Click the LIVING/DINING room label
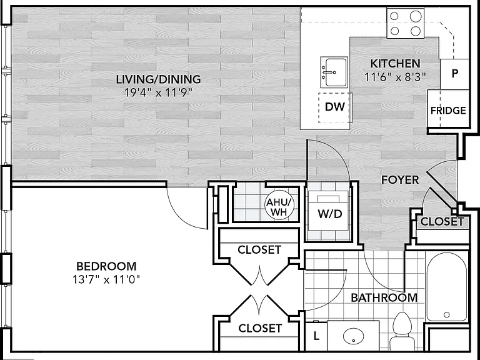[158, 79]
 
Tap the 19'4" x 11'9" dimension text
[158, 92]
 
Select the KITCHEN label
[395, 64]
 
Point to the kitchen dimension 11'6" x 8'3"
[395, 77]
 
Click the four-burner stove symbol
[405, 23]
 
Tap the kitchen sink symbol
[334, 72]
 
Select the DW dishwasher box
[334, 107]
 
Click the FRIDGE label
[448, 110]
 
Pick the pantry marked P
[454, 74]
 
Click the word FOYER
[400, 180]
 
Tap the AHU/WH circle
[279, 207]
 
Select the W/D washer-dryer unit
[329, 211]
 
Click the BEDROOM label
[106, 266]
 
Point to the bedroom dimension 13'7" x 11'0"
[106, 279]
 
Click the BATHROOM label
[384, 297]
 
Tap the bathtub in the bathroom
[447, 287]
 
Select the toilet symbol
[402, 331]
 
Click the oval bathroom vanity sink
[353, 336]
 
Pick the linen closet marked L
[316, 336]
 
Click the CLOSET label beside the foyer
[442, 221]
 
